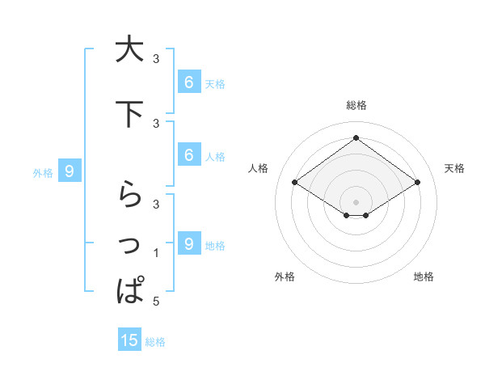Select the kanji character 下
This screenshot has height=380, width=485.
[129, 114]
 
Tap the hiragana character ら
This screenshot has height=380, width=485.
[129, 195]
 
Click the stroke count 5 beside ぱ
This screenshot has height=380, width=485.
[156, 302]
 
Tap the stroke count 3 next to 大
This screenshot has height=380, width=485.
[156, 59]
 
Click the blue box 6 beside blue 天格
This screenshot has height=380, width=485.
[188, 82]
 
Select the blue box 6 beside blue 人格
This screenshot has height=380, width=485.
[188, 154]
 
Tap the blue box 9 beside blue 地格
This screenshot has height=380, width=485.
[188, 243]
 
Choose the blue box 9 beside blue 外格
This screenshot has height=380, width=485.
[70, 171]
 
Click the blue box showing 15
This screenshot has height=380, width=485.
[129, 340]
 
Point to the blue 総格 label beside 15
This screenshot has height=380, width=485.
[155, 342]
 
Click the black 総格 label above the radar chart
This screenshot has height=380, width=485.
[356, 105]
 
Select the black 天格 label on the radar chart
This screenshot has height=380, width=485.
[455, 168]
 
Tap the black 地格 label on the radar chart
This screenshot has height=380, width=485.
[424, 277]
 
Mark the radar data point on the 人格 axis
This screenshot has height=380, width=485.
[295, 183]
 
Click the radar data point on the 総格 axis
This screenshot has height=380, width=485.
[356, 138]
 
